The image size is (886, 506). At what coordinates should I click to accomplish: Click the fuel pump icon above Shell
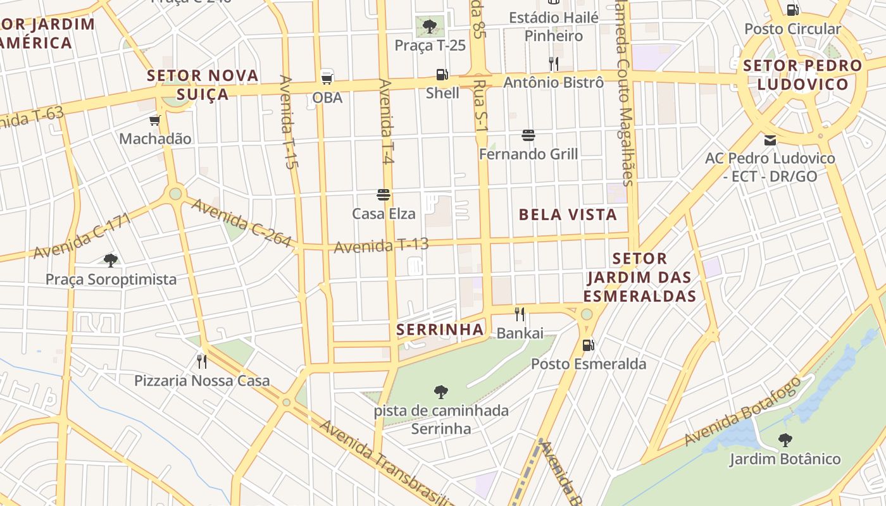click(442, 75)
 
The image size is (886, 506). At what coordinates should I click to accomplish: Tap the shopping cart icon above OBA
click(327, 78)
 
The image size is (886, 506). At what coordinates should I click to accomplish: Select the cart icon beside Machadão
click(154, 120)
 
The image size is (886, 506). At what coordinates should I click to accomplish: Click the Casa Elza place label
click(384, 214)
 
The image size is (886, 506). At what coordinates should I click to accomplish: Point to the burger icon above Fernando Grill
click(528, 135)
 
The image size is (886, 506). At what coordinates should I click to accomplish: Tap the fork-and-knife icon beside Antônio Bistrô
click(553, 63)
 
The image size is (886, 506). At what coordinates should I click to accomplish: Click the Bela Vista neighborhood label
click(568, 214)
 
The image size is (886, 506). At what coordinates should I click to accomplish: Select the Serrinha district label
click(440, 330)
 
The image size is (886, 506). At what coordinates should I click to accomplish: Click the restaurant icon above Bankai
click(520, 314)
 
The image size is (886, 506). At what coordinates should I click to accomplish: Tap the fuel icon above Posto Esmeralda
click(589, 345)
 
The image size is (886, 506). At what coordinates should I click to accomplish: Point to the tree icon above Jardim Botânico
click(785, 440)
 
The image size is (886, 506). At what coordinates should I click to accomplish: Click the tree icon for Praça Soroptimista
click(111, 260)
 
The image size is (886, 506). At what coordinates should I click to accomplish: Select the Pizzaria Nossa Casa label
click(202, 381)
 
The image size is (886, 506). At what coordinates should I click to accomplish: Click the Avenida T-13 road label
click(381, 245)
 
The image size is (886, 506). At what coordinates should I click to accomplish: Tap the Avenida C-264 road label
click(241, 223)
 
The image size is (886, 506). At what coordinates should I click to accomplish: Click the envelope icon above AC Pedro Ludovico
click(770, 140)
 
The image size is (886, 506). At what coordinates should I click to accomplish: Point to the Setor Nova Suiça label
click(203, 85)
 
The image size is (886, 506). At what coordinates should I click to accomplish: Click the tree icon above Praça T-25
click(430, 27)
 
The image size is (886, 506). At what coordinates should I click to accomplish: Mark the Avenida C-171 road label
click(82, 235)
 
